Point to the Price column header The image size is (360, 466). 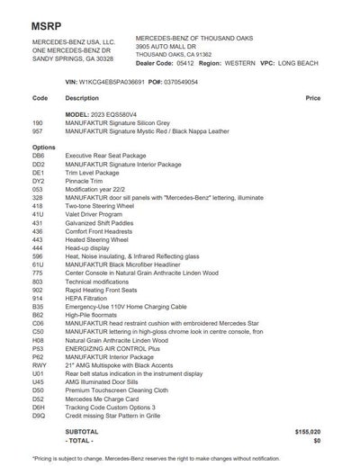click(x=312, y=96)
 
